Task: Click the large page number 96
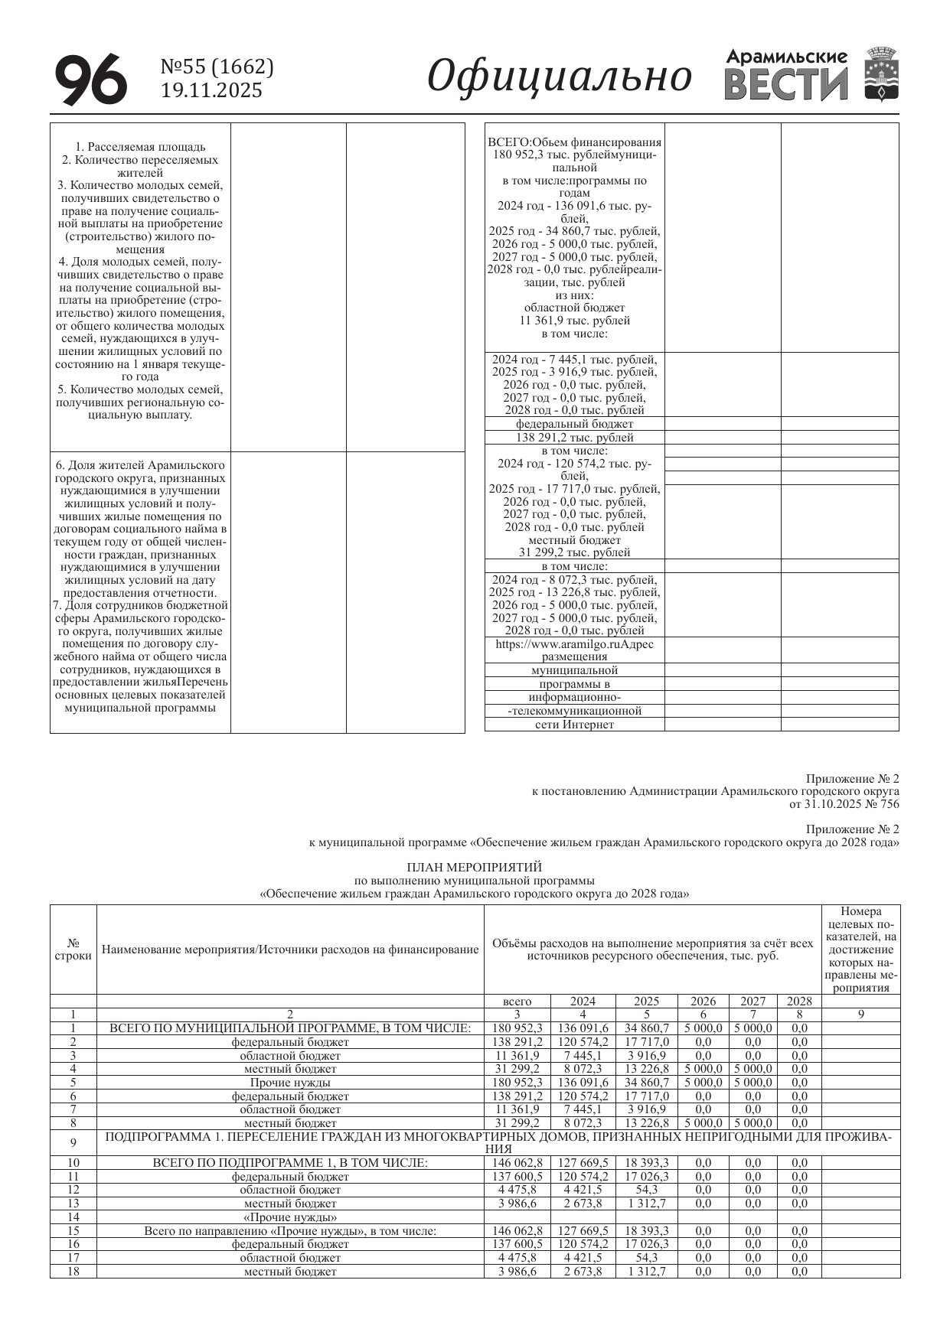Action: click(90, 80)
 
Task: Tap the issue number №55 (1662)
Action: click(217, 68)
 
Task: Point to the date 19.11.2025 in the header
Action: click(211, 91)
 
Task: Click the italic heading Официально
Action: click(559, 77)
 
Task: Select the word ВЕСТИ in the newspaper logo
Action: click(786, 84)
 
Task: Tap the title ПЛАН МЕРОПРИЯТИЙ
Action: click(474, 867)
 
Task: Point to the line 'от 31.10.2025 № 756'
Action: click(844, 804)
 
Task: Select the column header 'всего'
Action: click(517, 1001)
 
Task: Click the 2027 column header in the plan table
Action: click(752, 1001)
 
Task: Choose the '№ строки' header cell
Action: click(73, 949)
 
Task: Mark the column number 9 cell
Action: click(860, 1015)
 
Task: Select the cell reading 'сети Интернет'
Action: click(574, 725)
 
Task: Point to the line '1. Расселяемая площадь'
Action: click(140, 147)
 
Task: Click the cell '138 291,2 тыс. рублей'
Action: click(574, 438)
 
